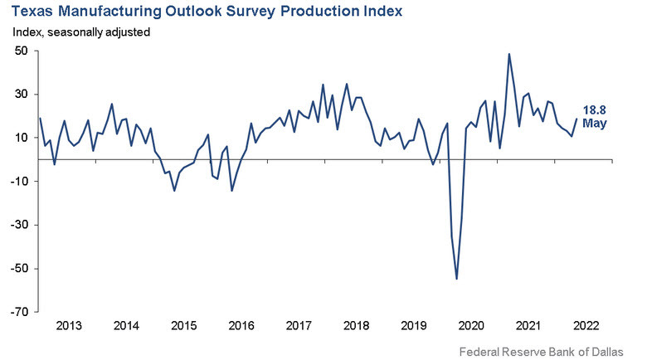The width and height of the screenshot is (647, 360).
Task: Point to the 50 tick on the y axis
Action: coord(22,51)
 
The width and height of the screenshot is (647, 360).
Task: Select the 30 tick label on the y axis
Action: coord(22,95)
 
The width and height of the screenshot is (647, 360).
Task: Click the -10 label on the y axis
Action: coord(20,182)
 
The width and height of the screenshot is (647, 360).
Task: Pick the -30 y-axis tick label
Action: coord(20,225)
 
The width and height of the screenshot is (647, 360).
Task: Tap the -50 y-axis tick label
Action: coord(20,269)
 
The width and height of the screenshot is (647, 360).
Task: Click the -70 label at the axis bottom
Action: coord(20,312)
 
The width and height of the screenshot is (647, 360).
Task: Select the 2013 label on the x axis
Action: coord(68,326)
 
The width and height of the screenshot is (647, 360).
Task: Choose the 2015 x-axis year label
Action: coord(183,326)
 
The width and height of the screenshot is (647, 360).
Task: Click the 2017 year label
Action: coord(299,326)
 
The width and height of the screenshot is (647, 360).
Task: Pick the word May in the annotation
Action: coord(595,124)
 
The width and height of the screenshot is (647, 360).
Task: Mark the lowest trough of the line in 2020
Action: coord(457,279)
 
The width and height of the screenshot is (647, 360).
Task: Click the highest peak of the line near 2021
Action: coord(508,54)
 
